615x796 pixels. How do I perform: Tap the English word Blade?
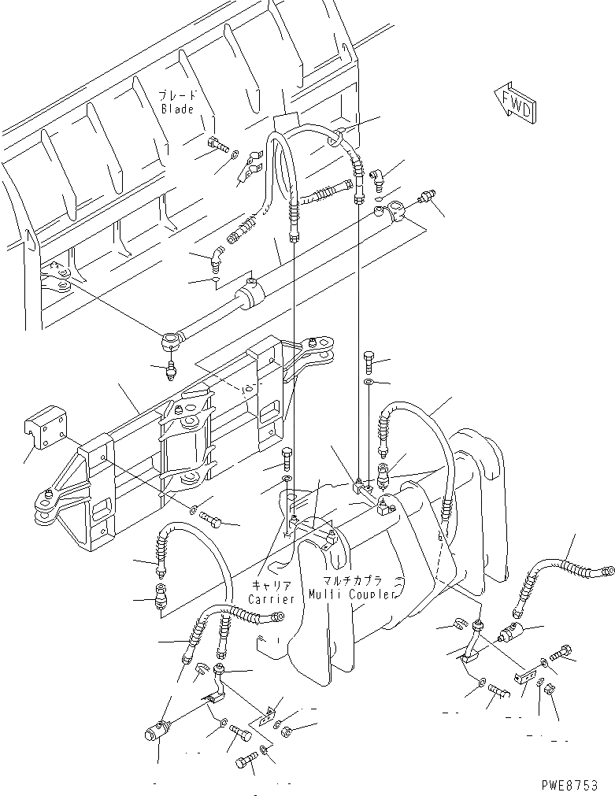tap(177, 109)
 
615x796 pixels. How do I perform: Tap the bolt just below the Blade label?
tap(217, 145)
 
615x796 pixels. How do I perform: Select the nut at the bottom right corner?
tap(551, 690)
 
